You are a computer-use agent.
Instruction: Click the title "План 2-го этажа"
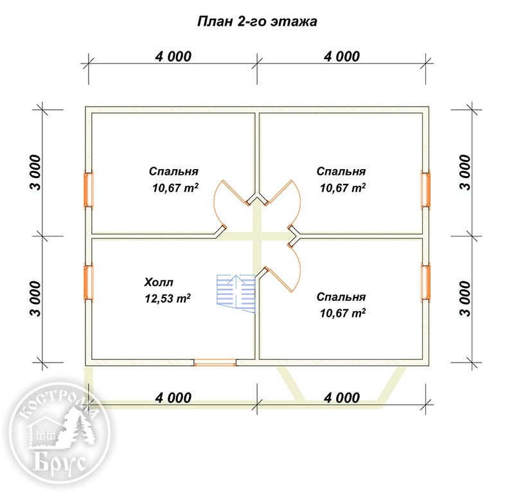pos(257,21)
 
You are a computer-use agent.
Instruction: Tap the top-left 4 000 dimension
pos(173,57)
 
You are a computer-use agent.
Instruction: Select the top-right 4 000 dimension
pos(342,57)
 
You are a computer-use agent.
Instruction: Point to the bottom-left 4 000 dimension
pos(173,398)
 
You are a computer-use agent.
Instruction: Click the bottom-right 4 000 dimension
pos(342,398)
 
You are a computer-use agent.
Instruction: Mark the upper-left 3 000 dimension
pos(36,172)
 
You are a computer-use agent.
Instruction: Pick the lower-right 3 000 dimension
pos(465,299)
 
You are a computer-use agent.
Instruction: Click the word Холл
pos(159,282)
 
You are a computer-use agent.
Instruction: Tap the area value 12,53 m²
pos(168,298)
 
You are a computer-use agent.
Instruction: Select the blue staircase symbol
pos(236,294)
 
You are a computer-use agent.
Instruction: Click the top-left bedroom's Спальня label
pos(173,171)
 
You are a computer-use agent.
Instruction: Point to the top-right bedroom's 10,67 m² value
pos(343,188)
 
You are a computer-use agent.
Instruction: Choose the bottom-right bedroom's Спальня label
pos(341,297)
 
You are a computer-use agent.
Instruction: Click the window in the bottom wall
pos(215,363)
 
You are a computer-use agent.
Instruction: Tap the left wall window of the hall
pos(89,282)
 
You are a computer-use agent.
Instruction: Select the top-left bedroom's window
pos(89,190)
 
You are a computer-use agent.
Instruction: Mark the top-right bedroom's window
pos(425,190)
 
